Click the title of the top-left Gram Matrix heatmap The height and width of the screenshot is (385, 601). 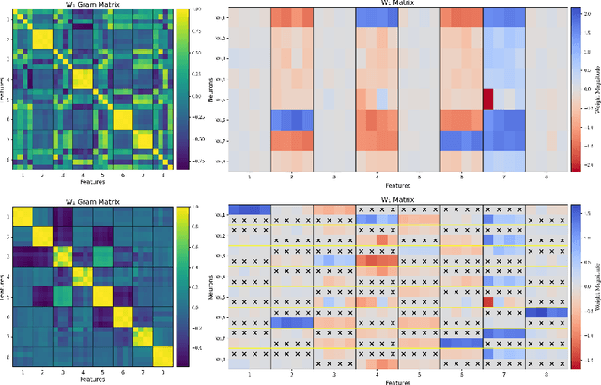point(91,5)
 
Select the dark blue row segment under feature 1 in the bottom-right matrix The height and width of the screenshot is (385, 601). point(250,209)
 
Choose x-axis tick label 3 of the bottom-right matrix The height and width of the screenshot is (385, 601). point(334,373)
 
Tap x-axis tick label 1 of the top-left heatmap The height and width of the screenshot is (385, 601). point(24,174)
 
